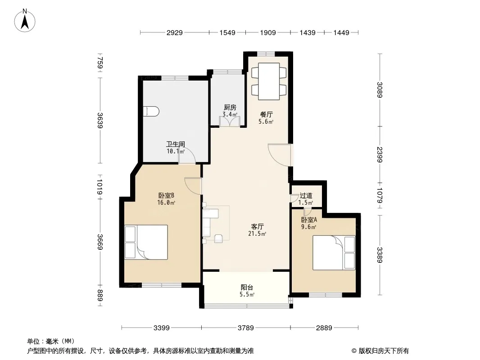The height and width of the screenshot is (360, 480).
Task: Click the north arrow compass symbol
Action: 25,21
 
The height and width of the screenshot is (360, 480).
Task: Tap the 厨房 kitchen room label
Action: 230,108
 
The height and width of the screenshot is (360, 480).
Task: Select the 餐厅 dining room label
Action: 266,114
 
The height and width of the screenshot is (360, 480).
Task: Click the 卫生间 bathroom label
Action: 176,144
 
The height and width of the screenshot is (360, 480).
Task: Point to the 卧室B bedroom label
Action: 166,195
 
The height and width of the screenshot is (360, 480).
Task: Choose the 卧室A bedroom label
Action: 309,220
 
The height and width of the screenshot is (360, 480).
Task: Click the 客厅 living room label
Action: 257,227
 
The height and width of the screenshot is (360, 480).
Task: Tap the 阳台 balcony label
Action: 247,288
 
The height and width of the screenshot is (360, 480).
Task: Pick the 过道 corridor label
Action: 306,195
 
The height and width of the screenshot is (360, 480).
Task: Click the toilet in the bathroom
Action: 151,111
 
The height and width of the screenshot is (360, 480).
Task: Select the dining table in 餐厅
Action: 269,81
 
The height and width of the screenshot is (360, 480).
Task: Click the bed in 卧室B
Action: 146,242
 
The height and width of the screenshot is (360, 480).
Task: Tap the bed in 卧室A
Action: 334,252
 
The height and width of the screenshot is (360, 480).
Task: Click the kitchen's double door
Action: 230,121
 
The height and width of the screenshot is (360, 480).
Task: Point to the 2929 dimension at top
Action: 175,32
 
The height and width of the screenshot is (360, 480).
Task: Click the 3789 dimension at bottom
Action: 246,328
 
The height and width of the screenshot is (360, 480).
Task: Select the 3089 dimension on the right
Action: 380,90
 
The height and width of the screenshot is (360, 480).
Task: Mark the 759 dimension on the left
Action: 100,63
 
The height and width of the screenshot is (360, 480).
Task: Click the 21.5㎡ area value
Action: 257,234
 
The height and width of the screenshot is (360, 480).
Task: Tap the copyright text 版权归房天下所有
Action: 383,351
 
